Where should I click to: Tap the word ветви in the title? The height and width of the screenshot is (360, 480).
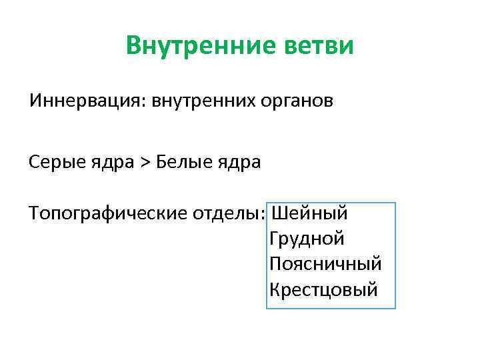pyautogui.click(x=323, y=46)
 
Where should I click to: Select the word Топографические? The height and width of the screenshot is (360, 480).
pyautogui.click(x=108, y=213)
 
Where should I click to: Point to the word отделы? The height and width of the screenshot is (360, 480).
pyautogui.click(x=227, y=213)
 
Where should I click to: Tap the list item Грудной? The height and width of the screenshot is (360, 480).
pyautogui.click(x=307, y=239)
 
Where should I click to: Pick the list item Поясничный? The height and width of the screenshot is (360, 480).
pyautogui.click(x=326, y=264)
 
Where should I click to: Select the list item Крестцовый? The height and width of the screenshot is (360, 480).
pyautogui.click(x=324, y=289)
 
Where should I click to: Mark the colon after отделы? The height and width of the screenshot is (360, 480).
pyautogui.click(x=265, y=215)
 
